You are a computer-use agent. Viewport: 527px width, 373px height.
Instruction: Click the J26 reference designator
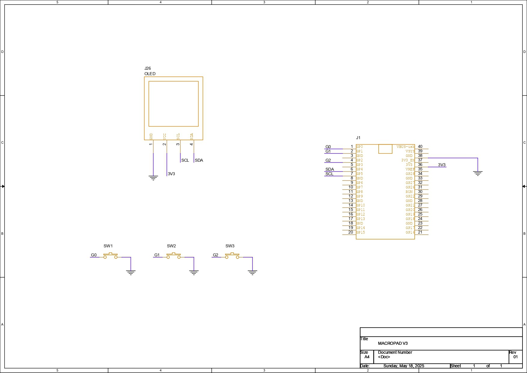coord(147,69)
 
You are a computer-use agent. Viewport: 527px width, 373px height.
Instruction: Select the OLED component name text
coord(150,74)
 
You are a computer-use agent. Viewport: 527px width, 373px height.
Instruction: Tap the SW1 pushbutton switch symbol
coord(111,256)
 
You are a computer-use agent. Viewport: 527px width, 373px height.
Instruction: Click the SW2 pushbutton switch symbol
coord(174,256)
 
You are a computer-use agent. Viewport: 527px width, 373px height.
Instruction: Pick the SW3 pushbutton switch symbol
coord(232,256)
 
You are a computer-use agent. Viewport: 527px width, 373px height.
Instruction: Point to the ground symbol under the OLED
coord(153,178)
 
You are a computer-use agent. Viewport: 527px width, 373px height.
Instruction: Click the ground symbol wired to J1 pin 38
coord(477,173)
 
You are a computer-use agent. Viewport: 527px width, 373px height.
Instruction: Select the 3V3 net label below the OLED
coord(171,174)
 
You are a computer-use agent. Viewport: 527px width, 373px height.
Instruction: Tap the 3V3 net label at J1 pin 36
coord(442,165)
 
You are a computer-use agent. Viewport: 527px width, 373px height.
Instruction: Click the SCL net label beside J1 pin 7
coord(329,174)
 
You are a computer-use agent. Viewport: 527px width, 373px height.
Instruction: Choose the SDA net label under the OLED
coord(199,161)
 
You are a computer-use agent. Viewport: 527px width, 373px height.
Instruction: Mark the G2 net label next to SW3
coord(216,255)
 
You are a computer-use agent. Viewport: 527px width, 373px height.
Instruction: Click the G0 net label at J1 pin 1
coord(328,147)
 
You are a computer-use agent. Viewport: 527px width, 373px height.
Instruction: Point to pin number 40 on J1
coord(420,147)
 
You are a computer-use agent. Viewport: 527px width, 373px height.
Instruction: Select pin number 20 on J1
coord(350,232)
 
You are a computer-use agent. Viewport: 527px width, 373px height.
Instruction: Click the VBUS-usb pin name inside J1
coord(405,147)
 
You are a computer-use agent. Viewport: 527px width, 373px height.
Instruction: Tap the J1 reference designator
coord(358,138)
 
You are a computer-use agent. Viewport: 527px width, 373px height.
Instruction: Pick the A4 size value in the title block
coord(367,357)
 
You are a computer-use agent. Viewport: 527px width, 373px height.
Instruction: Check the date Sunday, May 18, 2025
coord(404,366)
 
